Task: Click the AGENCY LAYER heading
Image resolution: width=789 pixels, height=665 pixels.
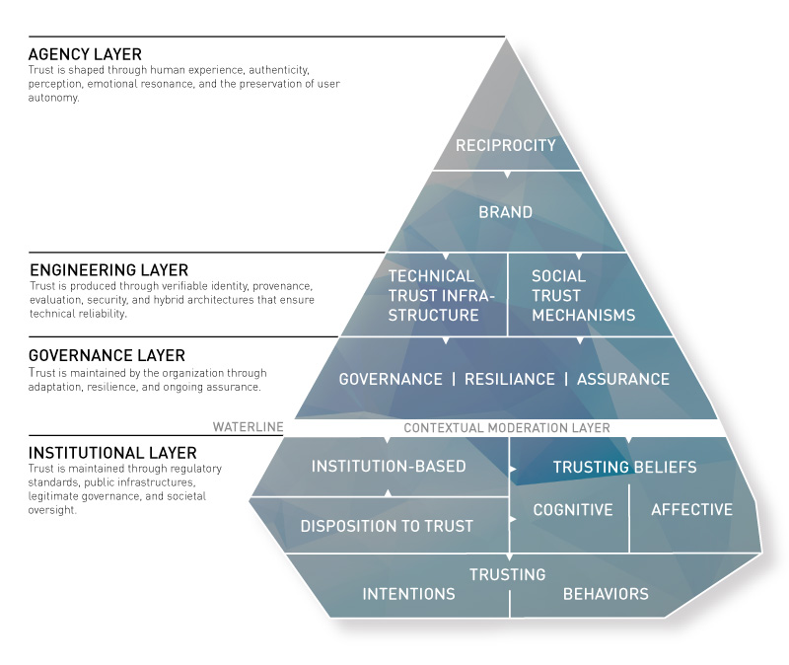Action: pos(85,54)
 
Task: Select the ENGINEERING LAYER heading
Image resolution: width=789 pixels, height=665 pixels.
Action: pos(108,269)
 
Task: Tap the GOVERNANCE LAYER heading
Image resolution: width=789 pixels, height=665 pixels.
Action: pos(108,355)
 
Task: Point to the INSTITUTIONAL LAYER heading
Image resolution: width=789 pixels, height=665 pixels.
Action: pos(112,453)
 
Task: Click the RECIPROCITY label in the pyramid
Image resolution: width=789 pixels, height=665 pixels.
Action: pos(506,146)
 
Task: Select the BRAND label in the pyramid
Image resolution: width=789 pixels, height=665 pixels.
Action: pos(506,212)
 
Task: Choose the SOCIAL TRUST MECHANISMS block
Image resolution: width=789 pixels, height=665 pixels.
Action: pos(582,296)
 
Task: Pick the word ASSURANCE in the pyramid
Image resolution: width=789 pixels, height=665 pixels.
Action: pos(622,379)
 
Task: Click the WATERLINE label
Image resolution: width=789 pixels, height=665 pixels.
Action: pos(248,428)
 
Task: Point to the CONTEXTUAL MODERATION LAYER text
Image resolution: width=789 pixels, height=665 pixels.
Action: pos(507,428)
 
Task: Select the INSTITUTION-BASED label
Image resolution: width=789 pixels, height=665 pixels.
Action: pos(389,467)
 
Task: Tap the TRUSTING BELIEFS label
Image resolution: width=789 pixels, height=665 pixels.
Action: pos(624,467)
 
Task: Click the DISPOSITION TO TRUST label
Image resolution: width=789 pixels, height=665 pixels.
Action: pos(387,526)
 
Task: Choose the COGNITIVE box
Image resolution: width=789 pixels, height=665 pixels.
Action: pos(573,510)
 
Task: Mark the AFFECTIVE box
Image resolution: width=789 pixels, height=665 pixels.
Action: pos(692,510)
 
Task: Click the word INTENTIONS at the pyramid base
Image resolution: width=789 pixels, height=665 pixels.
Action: pos(408,594)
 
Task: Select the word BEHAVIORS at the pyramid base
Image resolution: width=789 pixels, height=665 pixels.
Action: pos(606,594)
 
